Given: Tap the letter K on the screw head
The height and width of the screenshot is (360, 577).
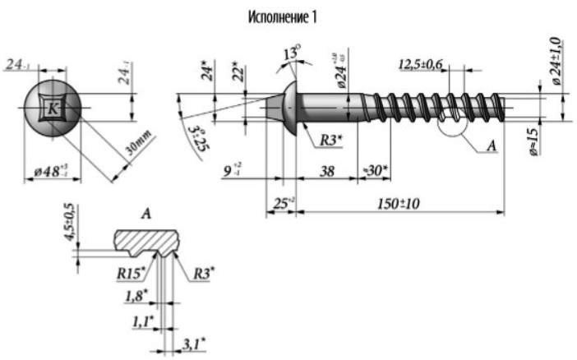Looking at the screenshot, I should (53, 108).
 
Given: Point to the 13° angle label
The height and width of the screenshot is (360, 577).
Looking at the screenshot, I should (289, 53).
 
